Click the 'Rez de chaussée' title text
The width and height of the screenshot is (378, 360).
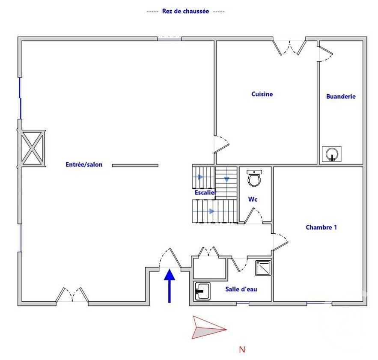point(185,12)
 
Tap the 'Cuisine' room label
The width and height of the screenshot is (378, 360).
point(262,94)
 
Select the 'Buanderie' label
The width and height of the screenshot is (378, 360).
point(341,97)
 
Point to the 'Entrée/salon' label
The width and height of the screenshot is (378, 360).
point(84,164)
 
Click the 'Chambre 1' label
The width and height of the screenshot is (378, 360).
point(321,227)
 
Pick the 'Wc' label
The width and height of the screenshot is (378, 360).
point(253,199)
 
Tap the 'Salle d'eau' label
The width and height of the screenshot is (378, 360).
point(241,289)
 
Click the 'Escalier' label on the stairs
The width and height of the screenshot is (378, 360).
point(205,193)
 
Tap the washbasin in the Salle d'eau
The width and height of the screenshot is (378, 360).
point(202,291)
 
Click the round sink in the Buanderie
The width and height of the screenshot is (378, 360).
point(332,154)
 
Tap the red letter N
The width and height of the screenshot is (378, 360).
point(242,350)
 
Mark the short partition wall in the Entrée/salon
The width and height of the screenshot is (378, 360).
point(135,165)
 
